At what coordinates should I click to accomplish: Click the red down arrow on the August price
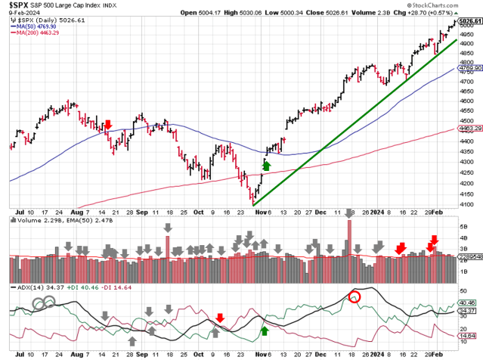pyautogui.click(x=108, y=125)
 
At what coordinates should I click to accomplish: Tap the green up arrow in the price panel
pyautogui.click(x=265, y=164)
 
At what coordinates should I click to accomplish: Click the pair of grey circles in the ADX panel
pyautogui.click(x=44, y=301)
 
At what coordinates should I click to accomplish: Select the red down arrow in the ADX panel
pyautogui.click(x=219, y=318)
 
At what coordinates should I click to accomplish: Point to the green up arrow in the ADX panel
pyautogui.click(x=265, y=330)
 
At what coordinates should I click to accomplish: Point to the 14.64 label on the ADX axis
pyautogui.click(x=468, y=335)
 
